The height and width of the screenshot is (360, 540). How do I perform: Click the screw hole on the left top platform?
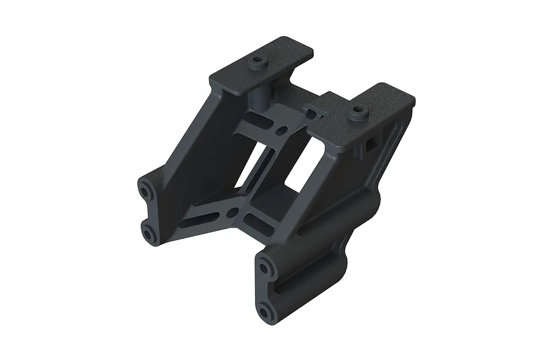259,61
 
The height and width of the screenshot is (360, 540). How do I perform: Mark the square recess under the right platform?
369,145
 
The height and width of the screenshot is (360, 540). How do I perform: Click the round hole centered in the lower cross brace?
231,212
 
